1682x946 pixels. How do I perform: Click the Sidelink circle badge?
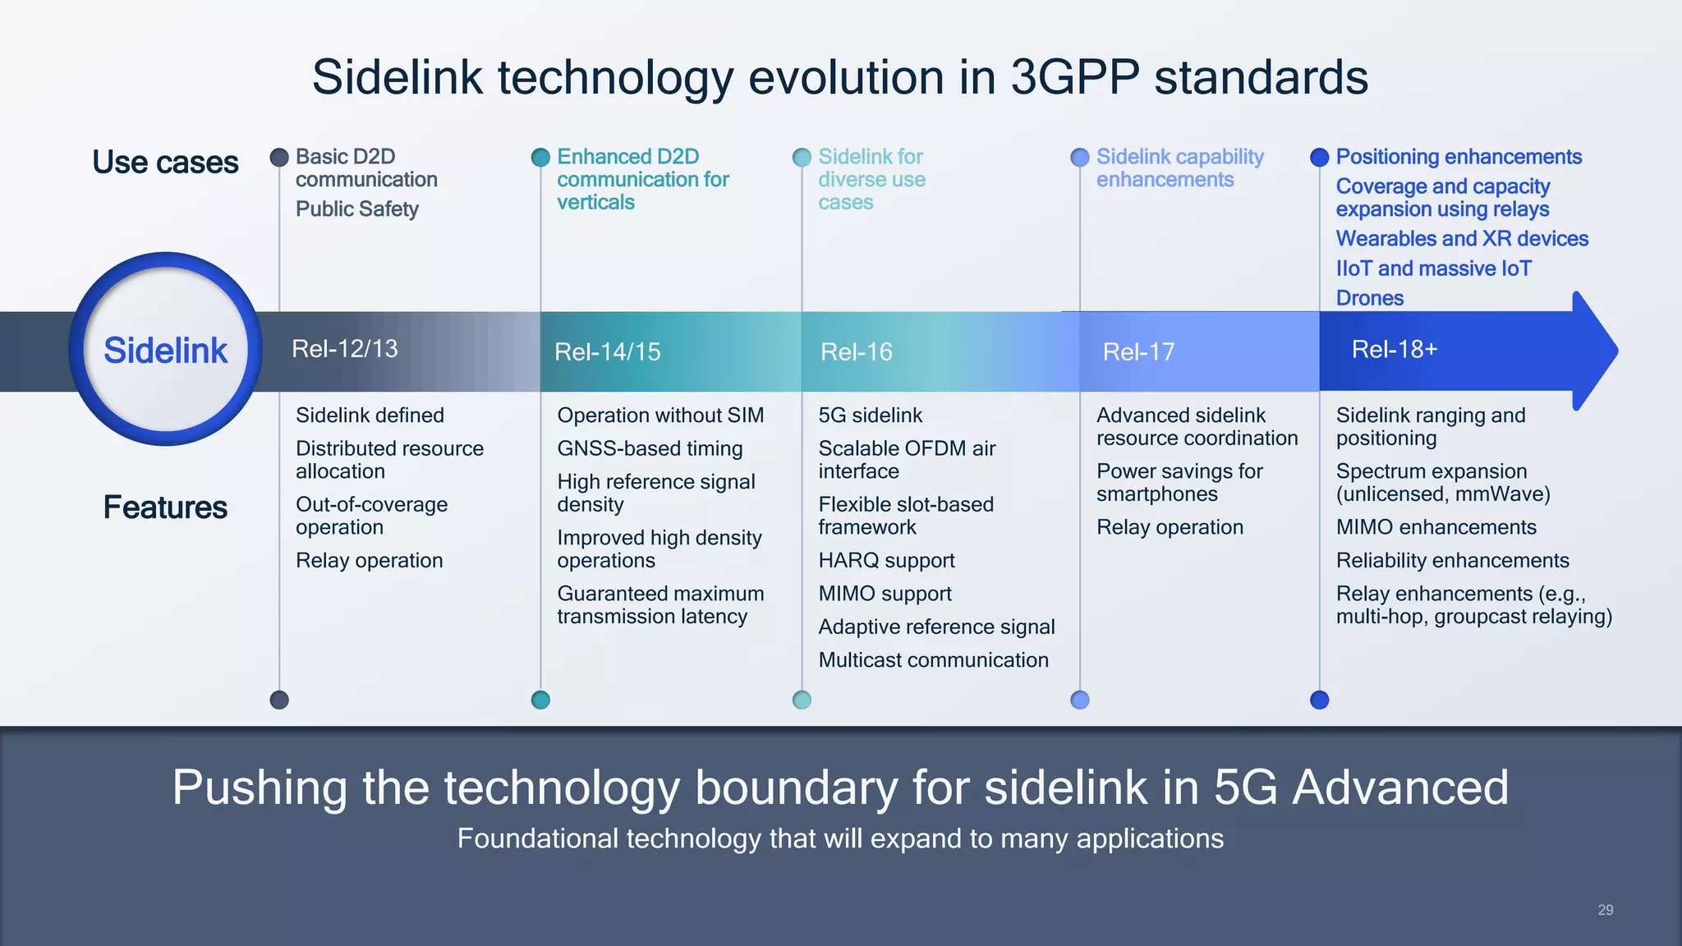(165, 350)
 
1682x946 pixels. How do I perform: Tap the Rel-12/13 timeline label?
(344, 349)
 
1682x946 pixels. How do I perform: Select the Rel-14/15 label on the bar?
(607, 352)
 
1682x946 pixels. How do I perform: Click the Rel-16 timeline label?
(856, 352)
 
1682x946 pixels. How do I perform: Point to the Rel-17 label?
(1138, 352)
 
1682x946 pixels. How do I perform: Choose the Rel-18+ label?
(1394, 350)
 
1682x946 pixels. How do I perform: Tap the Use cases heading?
(165, 163)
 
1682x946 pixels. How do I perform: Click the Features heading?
(165, 507)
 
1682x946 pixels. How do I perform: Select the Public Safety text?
(357, 209)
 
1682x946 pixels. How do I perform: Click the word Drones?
(1369, 298)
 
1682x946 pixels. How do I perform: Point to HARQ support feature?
(886, 561)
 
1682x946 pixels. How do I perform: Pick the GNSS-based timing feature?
(650, 448)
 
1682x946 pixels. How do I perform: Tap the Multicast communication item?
(933, 660)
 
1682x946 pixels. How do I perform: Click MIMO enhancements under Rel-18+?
(1436, 527)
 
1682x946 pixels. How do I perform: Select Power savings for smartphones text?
(1179, 483)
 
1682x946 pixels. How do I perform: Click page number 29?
(1605, 910)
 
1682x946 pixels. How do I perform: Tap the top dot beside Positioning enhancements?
(1319, 157)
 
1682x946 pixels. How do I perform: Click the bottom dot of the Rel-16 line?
(802, 700)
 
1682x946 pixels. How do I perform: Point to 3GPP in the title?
(1074, 77)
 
